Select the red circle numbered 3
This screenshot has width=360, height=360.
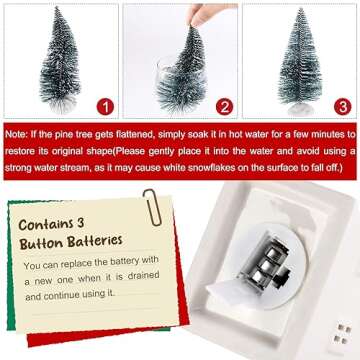point(344,103)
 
